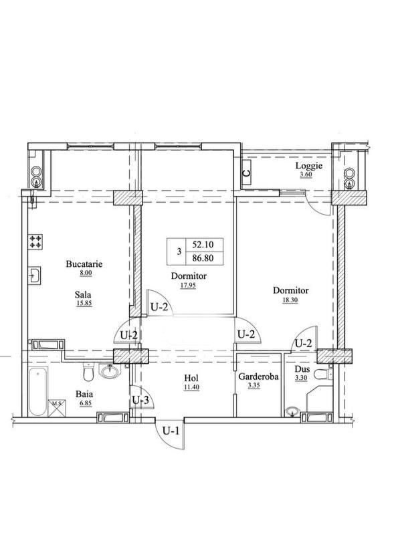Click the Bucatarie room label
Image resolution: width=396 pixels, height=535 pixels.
[x=84, y=263]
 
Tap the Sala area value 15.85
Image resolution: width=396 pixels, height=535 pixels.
[x=84, y=303]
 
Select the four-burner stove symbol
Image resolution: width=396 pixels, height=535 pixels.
[x=35, y=241]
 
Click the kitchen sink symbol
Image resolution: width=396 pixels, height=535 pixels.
[x=35, y=275]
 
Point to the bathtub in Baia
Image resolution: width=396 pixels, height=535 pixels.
[x=37, y=391]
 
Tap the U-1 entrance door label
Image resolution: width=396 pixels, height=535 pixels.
[x=171, y=431]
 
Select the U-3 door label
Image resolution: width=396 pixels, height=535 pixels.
[x=140, y=399]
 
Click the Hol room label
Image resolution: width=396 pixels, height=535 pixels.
[x=191, y=378]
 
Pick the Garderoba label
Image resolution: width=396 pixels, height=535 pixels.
[x=258, y=377]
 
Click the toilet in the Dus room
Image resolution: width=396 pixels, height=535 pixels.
[x=323, y=374]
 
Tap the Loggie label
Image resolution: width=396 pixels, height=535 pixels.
[x=309, y=166]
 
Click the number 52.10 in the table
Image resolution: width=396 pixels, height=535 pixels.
[x=203, y=244]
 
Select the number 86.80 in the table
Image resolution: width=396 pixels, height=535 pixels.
[x=203, y=258]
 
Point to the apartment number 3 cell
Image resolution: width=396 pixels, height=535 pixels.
[x=179, y=252]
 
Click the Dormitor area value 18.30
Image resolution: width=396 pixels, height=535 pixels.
[x=290, y=300]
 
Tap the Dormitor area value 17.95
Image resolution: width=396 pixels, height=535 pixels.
[x=189, y=286]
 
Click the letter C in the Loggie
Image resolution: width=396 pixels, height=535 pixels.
[x=246, y=173]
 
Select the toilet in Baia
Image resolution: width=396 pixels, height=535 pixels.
[x=88, y=372]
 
